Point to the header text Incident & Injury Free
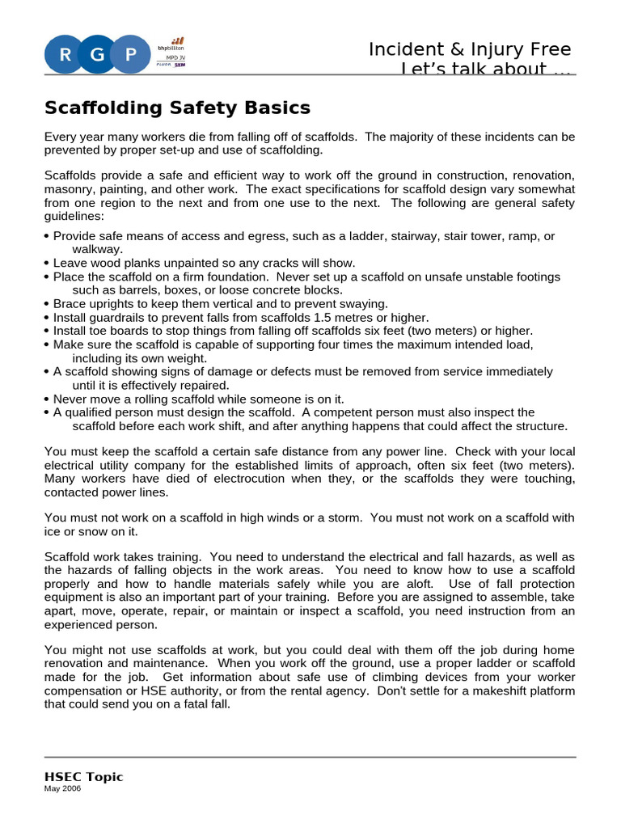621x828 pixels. point(470,49)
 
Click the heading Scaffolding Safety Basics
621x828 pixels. point(177,108)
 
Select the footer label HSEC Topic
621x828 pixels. point(83,777)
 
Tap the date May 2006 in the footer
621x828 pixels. point(63,790)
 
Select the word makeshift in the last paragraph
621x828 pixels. point(494,691)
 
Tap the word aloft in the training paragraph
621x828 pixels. point(428,583)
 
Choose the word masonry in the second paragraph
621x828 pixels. point(68,188)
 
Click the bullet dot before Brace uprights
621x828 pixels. point(47,305)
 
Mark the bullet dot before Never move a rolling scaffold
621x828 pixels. point(47,399)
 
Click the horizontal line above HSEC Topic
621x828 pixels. point(310,757)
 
